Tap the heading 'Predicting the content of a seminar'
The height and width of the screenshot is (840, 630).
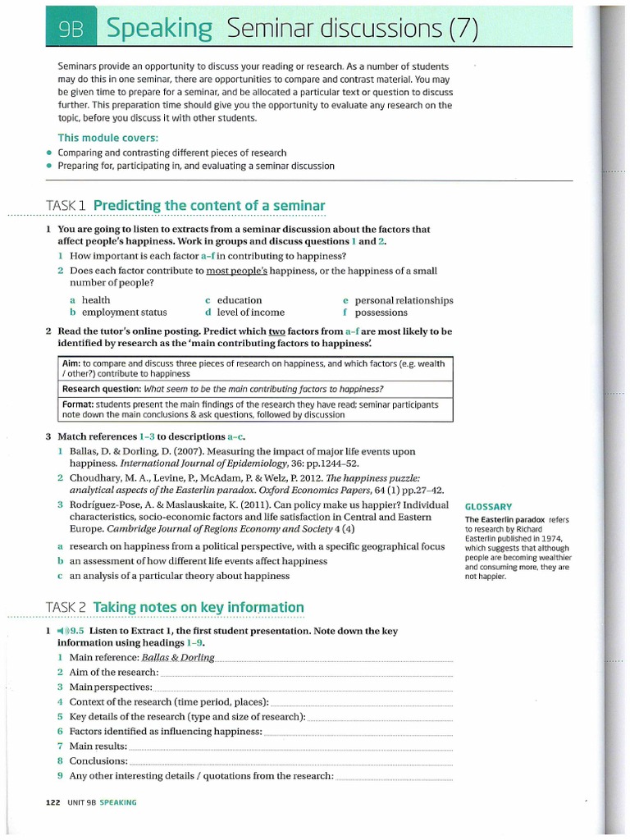[209, 205]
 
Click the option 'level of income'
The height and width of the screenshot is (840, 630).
[250, 313]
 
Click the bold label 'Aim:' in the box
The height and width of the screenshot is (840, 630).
[71, 362]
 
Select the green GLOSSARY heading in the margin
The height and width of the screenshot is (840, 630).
[488, 507]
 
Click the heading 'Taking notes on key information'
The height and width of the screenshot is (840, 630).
[199, 607]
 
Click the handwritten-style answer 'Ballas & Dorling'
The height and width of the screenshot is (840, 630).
[178, 658]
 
